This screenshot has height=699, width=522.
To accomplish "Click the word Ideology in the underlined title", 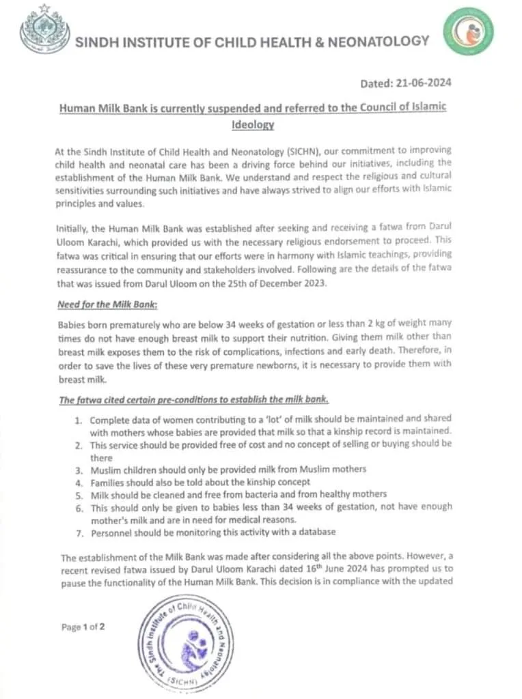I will (253, 124).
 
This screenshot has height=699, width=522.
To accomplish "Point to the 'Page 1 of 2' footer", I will (83, 627).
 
